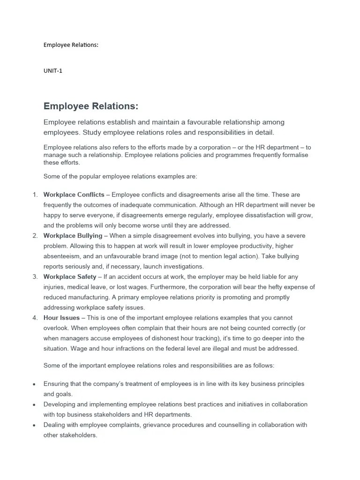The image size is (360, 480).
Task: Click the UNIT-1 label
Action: pos(52,71)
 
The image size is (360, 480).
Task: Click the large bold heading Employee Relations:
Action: pos(91,106)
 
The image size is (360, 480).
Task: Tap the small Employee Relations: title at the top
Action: pos(71,45)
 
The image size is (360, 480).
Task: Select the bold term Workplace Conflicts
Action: pos(74,195)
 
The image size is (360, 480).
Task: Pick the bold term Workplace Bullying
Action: pos(73,236)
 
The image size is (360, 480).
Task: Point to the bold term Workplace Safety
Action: pos(70,277)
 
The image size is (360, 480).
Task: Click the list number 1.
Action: pos(35,195)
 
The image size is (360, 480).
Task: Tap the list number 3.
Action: pos(35,277)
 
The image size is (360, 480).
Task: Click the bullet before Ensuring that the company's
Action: pos(34,384)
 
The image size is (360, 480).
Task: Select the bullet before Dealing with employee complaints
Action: pos(34,425)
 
